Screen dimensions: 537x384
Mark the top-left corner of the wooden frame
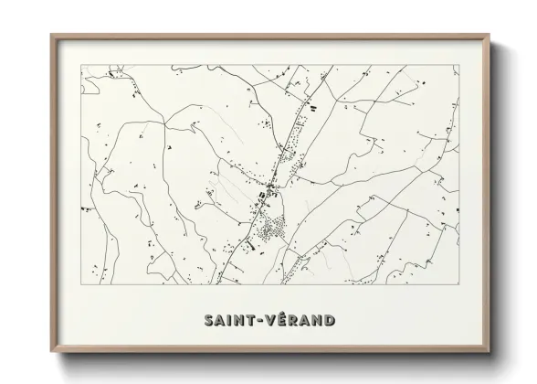(51, 36)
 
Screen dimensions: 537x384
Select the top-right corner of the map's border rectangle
(456, 64)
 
